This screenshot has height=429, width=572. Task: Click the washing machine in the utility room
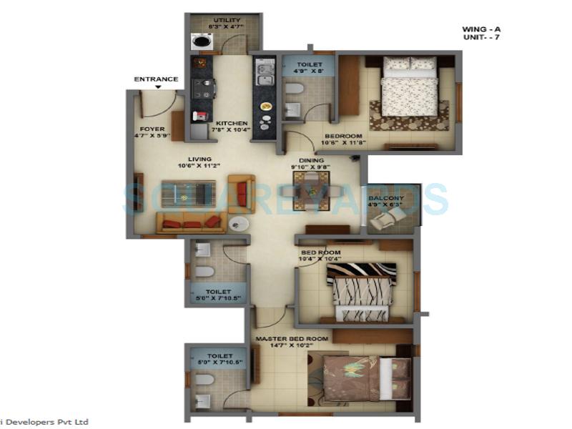point(201,41)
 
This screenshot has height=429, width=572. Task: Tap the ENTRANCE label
point(155,79)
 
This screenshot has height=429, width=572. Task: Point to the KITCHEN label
point(232,123)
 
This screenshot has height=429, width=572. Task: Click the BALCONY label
point(387,198)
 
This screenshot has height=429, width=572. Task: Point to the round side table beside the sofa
point(240,223)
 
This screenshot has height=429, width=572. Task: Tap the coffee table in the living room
point(187,194)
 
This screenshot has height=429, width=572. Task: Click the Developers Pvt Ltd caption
point(46,423)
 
